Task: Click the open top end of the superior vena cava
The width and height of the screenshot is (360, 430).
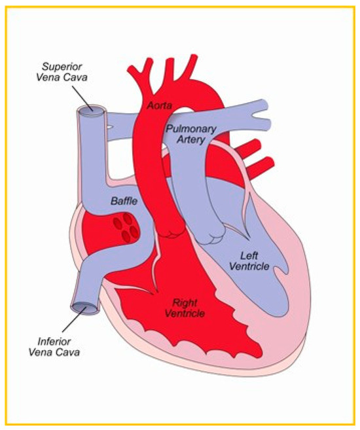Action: (90, 112)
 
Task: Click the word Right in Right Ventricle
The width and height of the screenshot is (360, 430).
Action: (183, 302)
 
